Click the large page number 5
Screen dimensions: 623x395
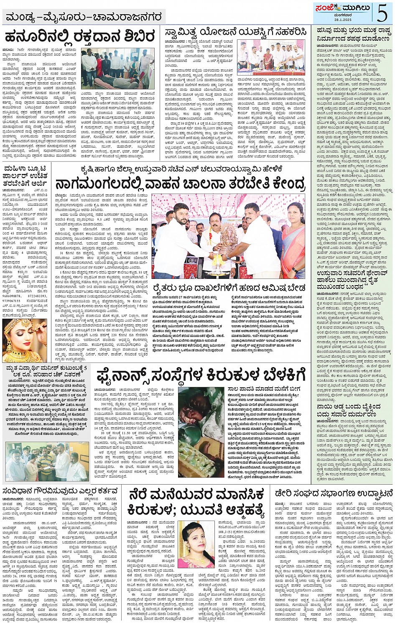[x=382, y=12]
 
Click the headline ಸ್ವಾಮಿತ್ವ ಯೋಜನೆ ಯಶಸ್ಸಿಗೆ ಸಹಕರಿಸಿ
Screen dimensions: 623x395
[x=235, y=32]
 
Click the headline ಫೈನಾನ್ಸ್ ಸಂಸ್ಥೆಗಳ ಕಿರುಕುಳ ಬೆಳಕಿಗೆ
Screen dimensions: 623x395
[x=201, y=375]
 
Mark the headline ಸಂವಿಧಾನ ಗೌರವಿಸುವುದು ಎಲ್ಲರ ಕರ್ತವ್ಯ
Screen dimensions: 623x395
[x=60, y=491]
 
